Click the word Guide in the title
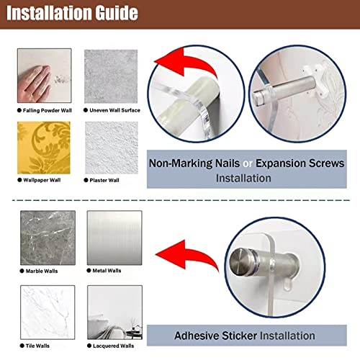tap(116, 13)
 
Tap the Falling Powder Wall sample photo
tap(45, 76)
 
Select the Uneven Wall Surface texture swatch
tap(111, 76)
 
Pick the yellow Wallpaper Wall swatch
tap(44, 148)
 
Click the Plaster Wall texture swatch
tap(112, 148)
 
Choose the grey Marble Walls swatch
tap(48, 238)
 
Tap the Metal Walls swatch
tap(114, 238)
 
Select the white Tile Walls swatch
tap(48, 312)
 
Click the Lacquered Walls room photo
tap(114, 312)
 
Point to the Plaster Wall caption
tap(104, 180)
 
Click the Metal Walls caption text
tap(107, 271)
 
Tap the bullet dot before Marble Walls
tap(22, 271)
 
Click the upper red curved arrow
tap(185, 63)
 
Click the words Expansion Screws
tap(300, 163)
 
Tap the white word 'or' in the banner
tap(248, 164)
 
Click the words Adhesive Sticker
tap(216, 336)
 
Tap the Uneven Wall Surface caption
tap(114, 110)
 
